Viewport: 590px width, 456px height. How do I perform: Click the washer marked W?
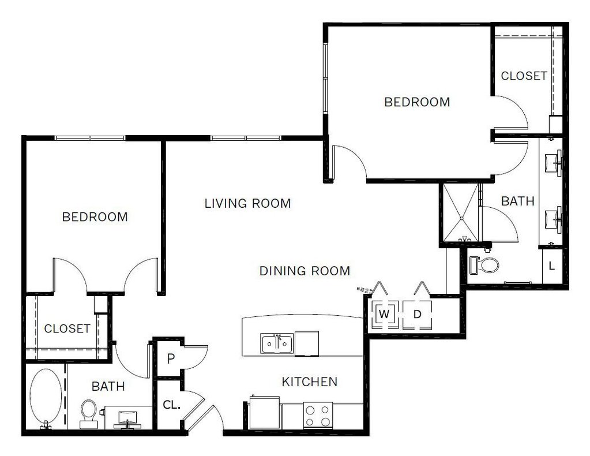[x=384, y=315]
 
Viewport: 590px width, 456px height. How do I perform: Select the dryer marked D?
[x=417, y=315]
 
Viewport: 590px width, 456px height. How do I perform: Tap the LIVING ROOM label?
[x=247, y=203]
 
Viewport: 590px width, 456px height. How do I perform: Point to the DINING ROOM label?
[x=305, y=270]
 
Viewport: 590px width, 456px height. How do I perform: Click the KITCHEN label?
[x=309, y=382]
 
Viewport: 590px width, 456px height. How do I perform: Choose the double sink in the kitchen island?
[x=277, y=343]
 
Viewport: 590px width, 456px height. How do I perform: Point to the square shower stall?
[x=460, y=212]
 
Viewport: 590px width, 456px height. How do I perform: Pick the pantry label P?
[x=171, y=358]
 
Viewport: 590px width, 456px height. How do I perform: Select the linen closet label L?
[x=552, y=266]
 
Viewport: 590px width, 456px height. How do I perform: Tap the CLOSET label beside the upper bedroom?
[x=524, y=76]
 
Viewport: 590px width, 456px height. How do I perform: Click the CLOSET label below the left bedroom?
[x=67, y=328]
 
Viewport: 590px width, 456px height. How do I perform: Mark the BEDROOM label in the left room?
[x=95, y=217]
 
